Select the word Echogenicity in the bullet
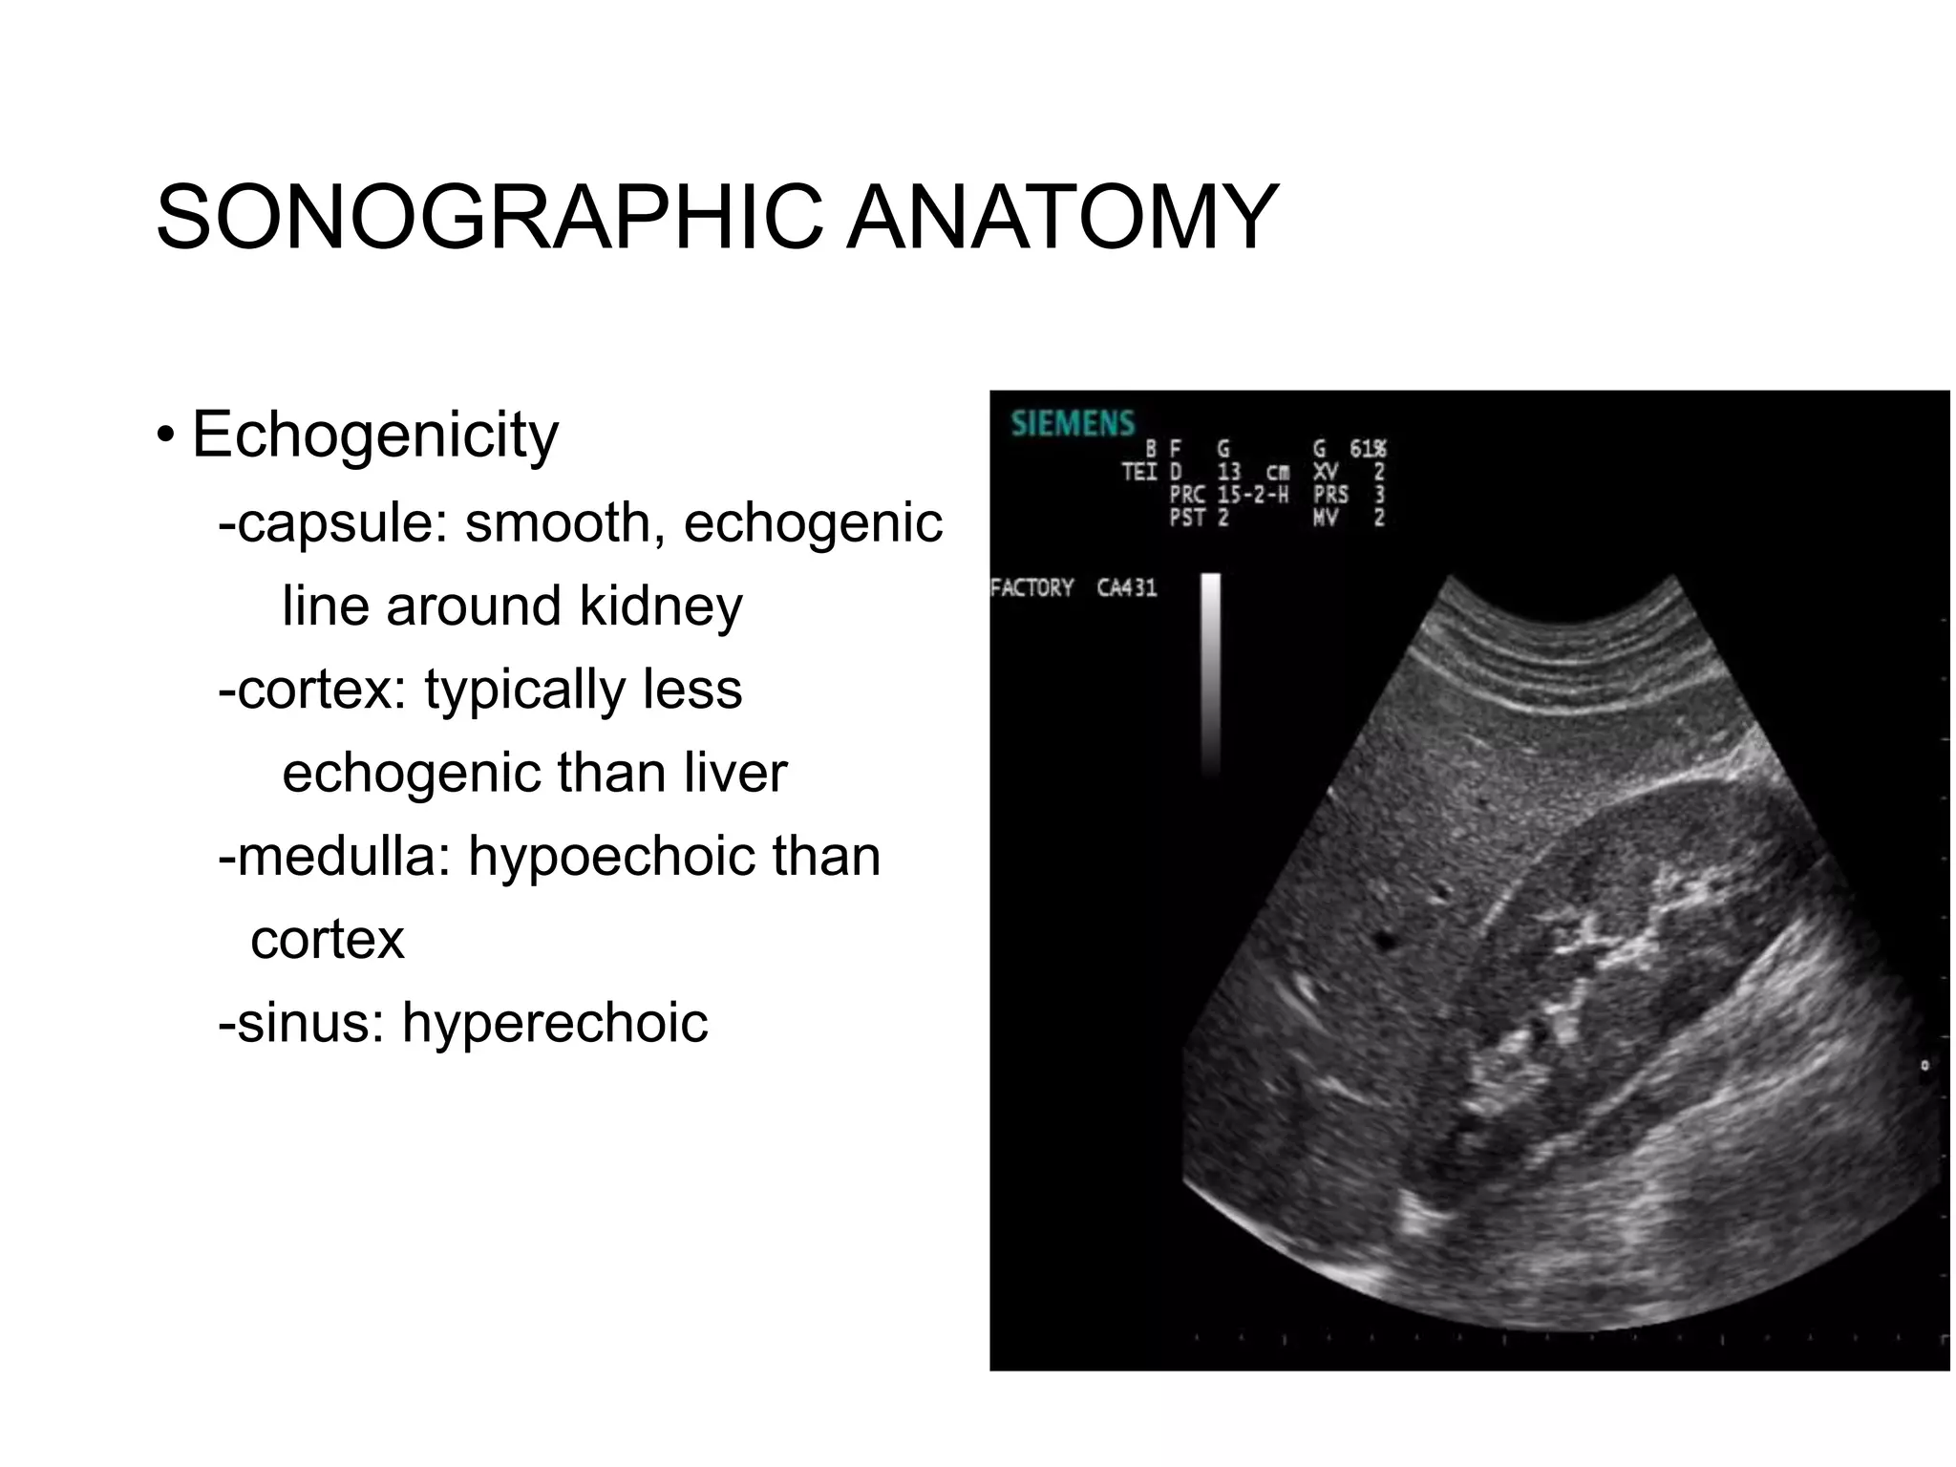pos(374,436)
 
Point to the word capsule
pos(339,523)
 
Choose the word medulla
pos(343,856)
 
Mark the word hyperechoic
pos(555,1023)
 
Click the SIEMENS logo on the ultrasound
pos(1073,423)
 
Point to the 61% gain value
pos(1367,449)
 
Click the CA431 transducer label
pos(1126,587)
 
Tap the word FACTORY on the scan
pos(1032,587)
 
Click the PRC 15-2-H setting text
pos(1228,495)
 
